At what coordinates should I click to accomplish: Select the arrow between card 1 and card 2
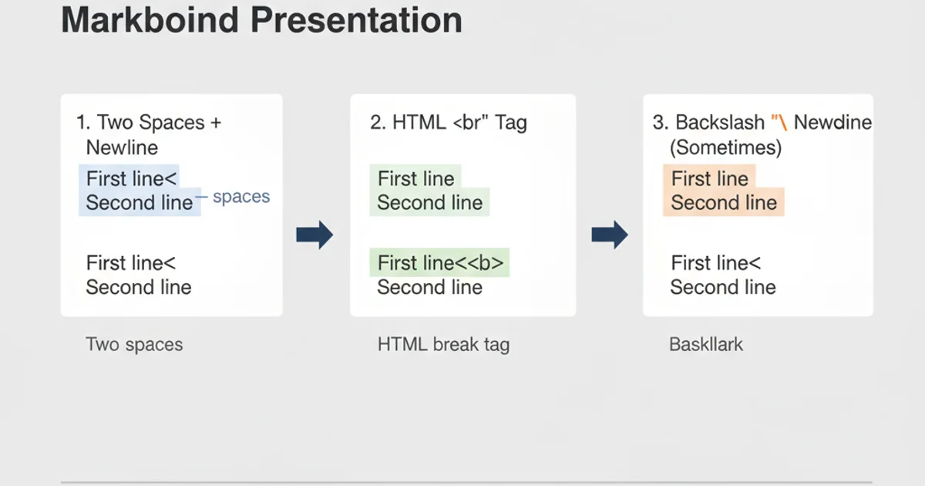[x=314, y=235]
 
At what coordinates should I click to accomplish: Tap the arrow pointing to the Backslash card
[x=609, y=235]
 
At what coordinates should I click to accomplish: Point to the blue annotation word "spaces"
[x=241, y=197]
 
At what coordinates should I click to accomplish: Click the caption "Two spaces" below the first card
[x=134, y=344]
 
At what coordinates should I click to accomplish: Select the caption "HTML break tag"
[x=443, y=344]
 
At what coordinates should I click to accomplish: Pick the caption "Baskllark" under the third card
[x=706, y=344]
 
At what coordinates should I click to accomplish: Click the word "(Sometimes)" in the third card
[x=725, y=147]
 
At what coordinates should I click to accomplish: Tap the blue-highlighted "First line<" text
[x=131, y=178]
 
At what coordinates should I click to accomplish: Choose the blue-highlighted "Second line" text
[x=139, y=203]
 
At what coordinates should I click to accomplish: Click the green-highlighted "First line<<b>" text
[x=440, y=263]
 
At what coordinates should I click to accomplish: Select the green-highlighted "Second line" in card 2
[x=429, y=203]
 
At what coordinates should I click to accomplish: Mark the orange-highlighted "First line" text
[x=709, y=178]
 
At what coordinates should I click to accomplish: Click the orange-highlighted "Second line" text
[x=723, y=203]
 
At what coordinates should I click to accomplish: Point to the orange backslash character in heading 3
[x=782, y=123]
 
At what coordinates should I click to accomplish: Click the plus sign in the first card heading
[x=215, y=123]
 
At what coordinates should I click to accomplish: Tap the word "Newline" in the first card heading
[x=122, y=147]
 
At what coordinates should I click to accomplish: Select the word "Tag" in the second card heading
[x=511, y=123]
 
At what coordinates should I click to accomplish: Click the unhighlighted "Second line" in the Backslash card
[x=723, y=288]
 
